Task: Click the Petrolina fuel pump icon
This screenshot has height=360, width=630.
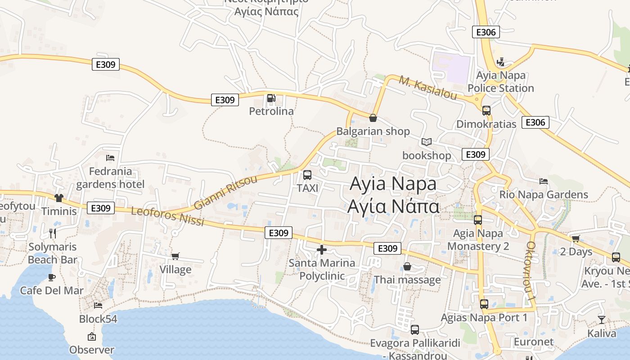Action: (x=271, y=98)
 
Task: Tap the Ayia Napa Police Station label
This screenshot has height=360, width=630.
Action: (x=500, y=81)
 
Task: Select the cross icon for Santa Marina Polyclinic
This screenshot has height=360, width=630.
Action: (x=322, y=250)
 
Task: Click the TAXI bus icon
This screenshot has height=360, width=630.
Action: (x=307, y=175)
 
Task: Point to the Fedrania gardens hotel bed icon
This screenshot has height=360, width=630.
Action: (x=110, y=158)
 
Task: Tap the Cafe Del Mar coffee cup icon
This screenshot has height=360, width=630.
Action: (x=52, y=277)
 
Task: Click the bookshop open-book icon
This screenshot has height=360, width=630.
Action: (x=426, y=142)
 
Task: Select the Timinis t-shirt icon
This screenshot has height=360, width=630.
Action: (x=59, y=198)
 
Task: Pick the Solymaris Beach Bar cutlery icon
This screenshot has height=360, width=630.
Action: (x=53, y=233)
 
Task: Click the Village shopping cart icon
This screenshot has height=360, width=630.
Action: (x=175, y=256)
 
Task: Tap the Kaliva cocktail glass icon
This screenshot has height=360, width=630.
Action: (x=602, y=320)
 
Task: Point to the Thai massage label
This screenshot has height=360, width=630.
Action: (x=407, y=280)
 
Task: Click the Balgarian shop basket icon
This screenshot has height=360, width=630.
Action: (x=373, y=118)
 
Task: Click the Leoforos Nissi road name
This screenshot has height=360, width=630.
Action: (x=167, y=216)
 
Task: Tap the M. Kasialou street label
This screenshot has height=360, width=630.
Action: (x=427, y=88)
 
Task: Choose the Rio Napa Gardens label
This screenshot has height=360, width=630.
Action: (x=544, y=195)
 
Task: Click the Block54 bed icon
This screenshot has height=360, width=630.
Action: (x=98, y=306)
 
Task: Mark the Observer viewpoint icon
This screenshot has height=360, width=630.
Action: (x=92, y=337)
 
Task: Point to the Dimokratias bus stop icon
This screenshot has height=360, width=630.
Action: (x=486, y=110)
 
